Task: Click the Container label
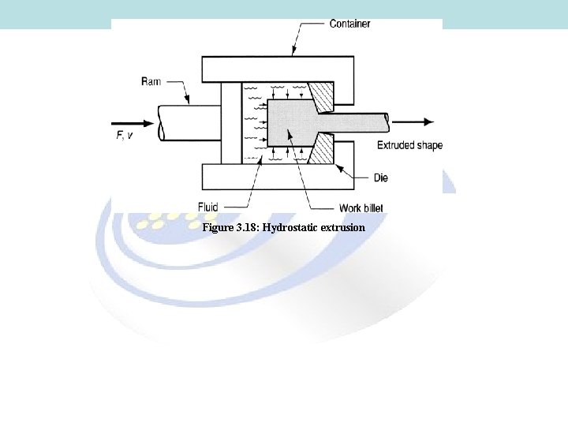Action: click(349, 24)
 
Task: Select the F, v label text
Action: click(125, 136)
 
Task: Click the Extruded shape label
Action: click(409, 145)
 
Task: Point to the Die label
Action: click(381, 178)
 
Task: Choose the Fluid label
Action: click(207, 207)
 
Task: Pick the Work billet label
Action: click(361, 208)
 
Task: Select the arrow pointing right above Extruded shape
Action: click(414, 122)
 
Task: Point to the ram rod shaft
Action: click(189, 122)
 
